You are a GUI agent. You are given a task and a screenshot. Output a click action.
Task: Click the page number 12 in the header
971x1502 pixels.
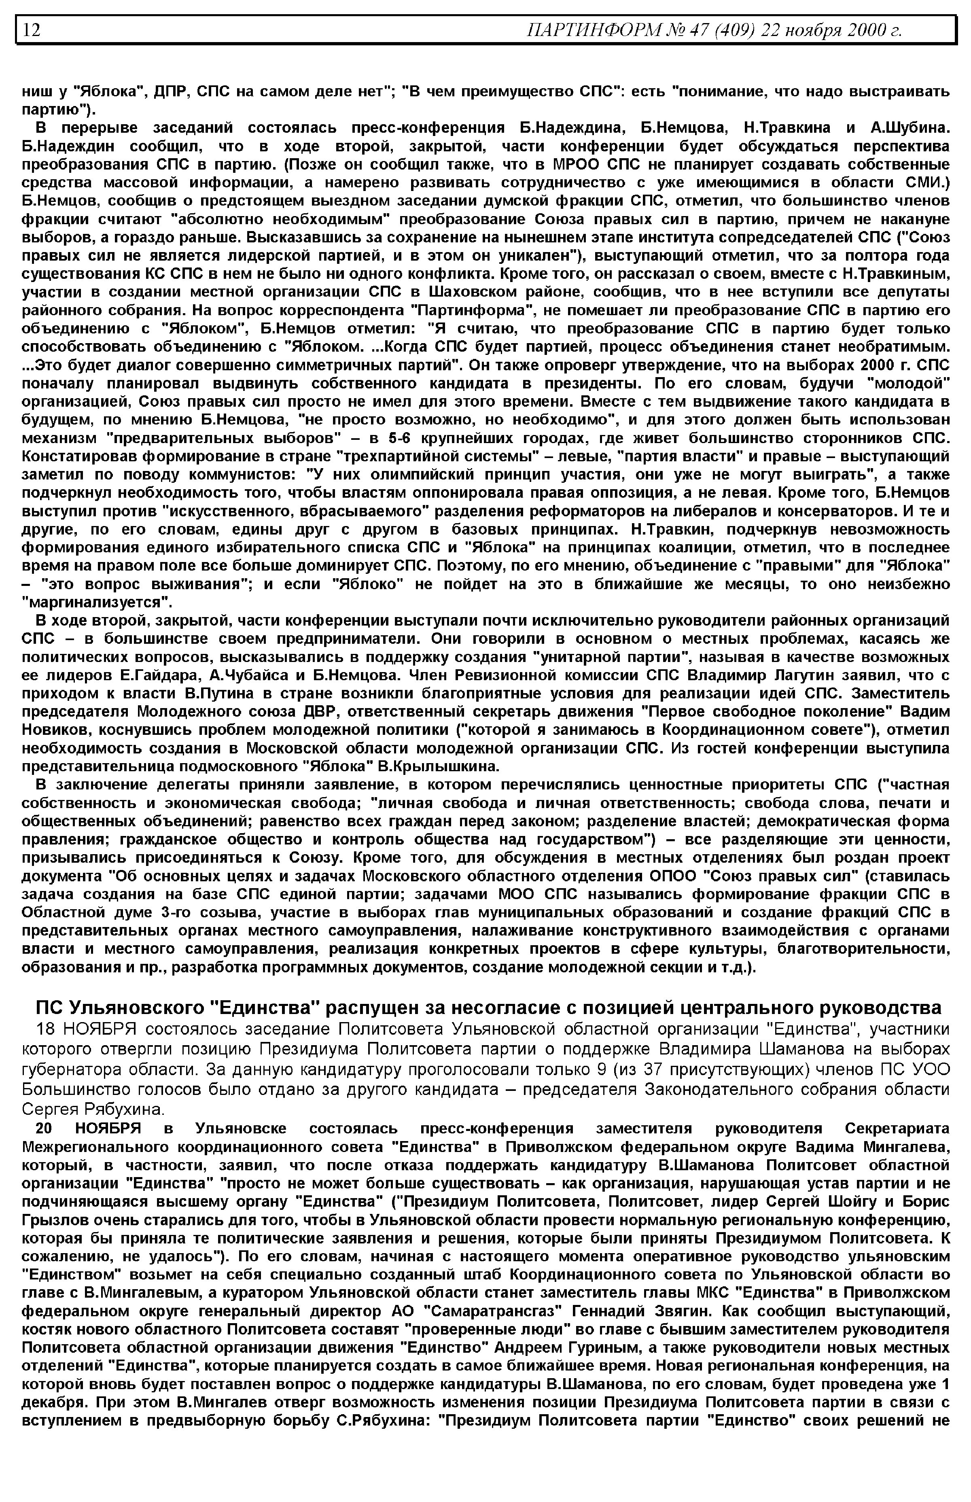point(32,30)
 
